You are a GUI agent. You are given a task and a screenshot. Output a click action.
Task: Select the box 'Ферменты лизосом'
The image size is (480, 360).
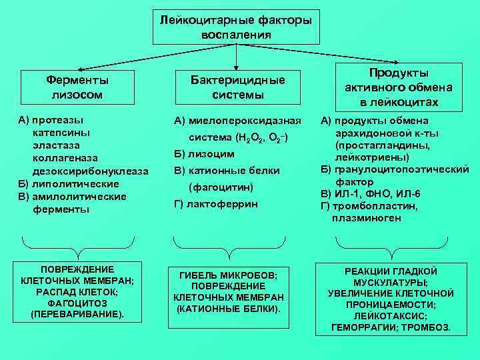pyautogui.click(x=77, y=87)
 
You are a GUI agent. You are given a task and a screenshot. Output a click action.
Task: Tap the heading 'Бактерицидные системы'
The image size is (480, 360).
pyautogui.click(x=237, y=87)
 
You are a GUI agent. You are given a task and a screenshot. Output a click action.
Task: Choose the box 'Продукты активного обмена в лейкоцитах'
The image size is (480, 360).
pyautogui.click(x=399, y=87)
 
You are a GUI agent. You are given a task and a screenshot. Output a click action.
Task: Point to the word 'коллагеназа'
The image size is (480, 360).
pyautogui.click(x=65, y=159)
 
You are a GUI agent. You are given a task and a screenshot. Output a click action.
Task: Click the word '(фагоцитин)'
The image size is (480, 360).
pyautogui.click(x=217, y=186)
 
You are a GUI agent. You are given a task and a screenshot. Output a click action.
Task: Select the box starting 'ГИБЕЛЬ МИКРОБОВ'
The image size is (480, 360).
pyautogui.click(x=229, y=293)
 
